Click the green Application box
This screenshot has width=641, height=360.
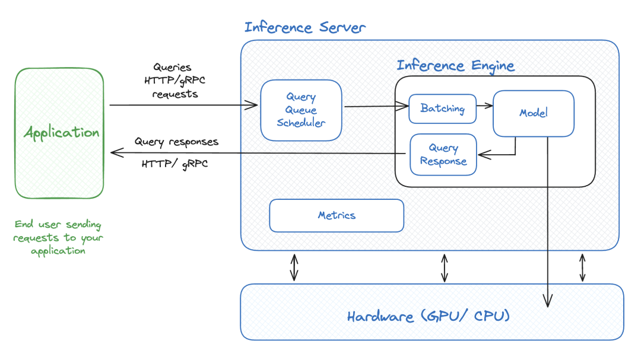pos(59,133)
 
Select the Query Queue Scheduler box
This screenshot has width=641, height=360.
pos(302,110)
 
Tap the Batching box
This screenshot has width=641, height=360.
pos(442,109)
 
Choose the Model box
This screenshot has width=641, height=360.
pos(533,113)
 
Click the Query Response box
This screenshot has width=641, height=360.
pos(443,154)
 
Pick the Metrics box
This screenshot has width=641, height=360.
pos(337,215)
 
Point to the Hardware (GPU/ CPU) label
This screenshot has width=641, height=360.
pos(429,316)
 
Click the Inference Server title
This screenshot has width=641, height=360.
pos(305,27)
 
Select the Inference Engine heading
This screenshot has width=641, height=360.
pos(455,65)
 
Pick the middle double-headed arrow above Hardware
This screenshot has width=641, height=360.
pos(445,267)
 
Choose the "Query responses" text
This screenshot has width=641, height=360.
pos(176,142)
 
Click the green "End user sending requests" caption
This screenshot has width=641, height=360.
pos(58,237)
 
